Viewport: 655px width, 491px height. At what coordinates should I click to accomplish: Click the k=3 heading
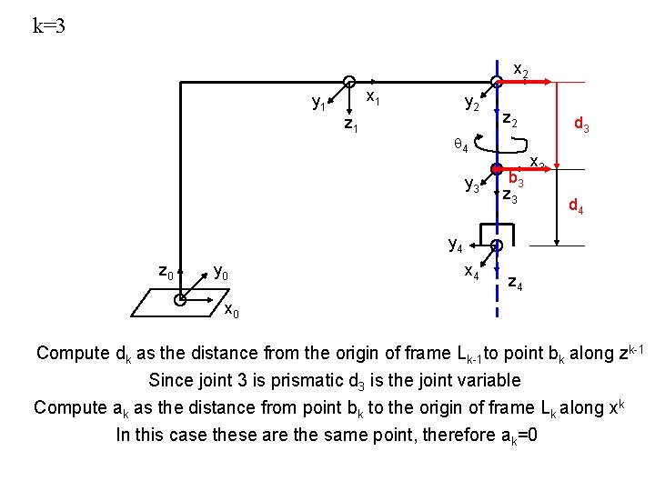tap(49, 25)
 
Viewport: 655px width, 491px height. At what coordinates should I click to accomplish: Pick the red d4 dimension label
tap(577, 206)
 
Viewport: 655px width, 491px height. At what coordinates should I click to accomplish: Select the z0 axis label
tap(166, 270)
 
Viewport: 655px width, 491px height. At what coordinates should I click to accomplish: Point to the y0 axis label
tap(220, 271)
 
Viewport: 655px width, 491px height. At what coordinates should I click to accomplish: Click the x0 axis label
tap(231, 312)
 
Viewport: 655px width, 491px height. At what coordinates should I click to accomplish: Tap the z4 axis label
tap(514, 284)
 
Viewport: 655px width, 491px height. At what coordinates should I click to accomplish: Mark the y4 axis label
tap(456, 243)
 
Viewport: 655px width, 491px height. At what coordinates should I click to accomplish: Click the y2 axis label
tap(472, 104)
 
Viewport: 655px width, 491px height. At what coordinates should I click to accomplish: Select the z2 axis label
tap(511, 120)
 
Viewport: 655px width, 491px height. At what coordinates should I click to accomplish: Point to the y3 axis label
tap(472, 185)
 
